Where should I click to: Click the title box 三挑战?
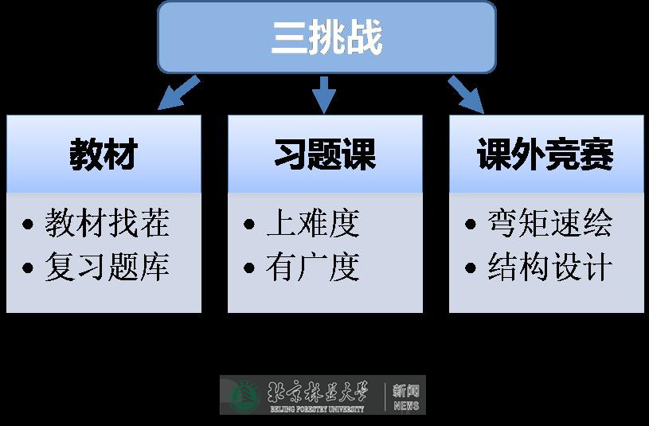tap(326, 37)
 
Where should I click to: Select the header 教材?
tap(104, 154)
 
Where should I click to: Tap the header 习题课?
tap(325, 154)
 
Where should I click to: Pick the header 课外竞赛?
tap(546, 154)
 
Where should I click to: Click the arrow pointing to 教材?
tap(177, 92)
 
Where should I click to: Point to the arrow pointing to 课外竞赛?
tap(467, 94)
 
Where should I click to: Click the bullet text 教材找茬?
tap(108, 224)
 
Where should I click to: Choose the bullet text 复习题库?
tap(108, 267)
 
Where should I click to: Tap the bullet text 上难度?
tap(313, 224)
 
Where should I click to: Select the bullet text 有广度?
tap(313, 267)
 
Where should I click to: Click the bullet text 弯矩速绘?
tap(550, 224)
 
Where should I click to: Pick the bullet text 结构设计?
tap(550, 267)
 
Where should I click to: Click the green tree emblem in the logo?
tap(244, 396)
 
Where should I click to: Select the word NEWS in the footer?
tap(406, 406)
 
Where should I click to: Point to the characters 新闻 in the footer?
tap(406, 391)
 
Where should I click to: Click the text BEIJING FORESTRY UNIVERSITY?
tap(316, 409)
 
